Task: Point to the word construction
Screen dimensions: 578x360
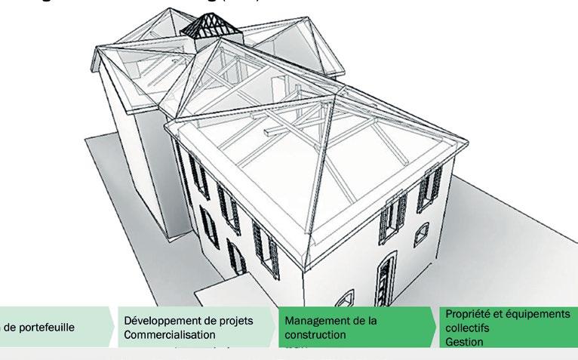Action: coord(315,334)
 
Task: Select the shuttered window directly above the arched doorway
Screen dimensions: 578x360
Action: coord(392,214)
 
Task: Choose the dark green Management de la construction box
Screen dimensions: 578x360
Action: coord(355,328)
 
